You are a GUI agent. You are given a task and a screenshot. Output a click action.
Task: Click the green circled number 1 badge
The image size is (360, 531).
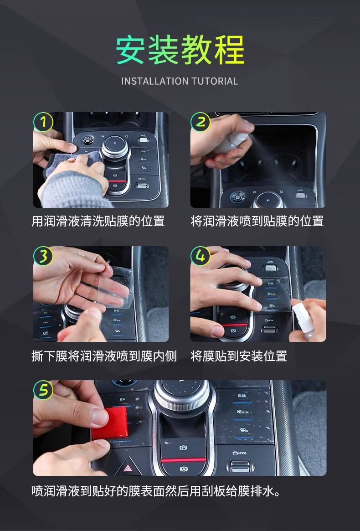click(43, 122)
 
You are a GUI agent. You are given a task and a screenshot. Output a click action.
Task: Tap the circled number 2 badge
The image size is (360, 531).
click(201, 122)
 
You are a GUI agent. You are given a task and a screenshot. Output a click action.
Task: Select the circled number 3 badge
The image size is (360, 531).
click(43, 256)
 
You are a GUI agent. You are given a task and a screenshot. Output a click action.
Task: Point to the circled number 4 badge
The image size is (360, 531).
click(201, 256)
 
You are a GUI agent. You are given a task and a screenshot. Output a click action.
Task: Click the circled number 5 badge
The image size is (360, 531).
click(43, 390)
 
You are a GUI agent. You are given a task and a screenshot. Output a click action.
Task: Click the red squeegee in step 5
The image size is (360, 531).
click(110, 423)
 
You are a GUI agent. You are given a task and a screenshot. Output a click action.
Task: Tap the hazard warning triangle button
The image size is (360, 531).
click(128, 468)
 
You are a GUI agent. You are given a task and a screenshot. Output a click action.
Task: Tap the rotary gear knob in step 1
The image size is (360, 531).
click(115, 146)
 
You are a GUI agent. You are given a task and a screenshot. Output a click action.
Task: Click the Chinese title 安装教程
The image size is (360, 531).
click(180, 51)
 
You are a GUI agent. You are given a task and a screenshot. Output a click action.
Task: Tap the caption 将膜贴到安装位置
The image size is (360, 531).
click(239, 356)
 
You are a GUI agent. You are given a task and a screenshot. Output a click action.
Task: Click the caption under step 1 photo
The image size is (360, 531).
click(98, 221)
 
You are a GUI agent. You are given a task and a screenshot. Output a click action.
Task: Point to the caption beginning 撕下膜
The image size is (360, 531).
click(104, 356)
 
